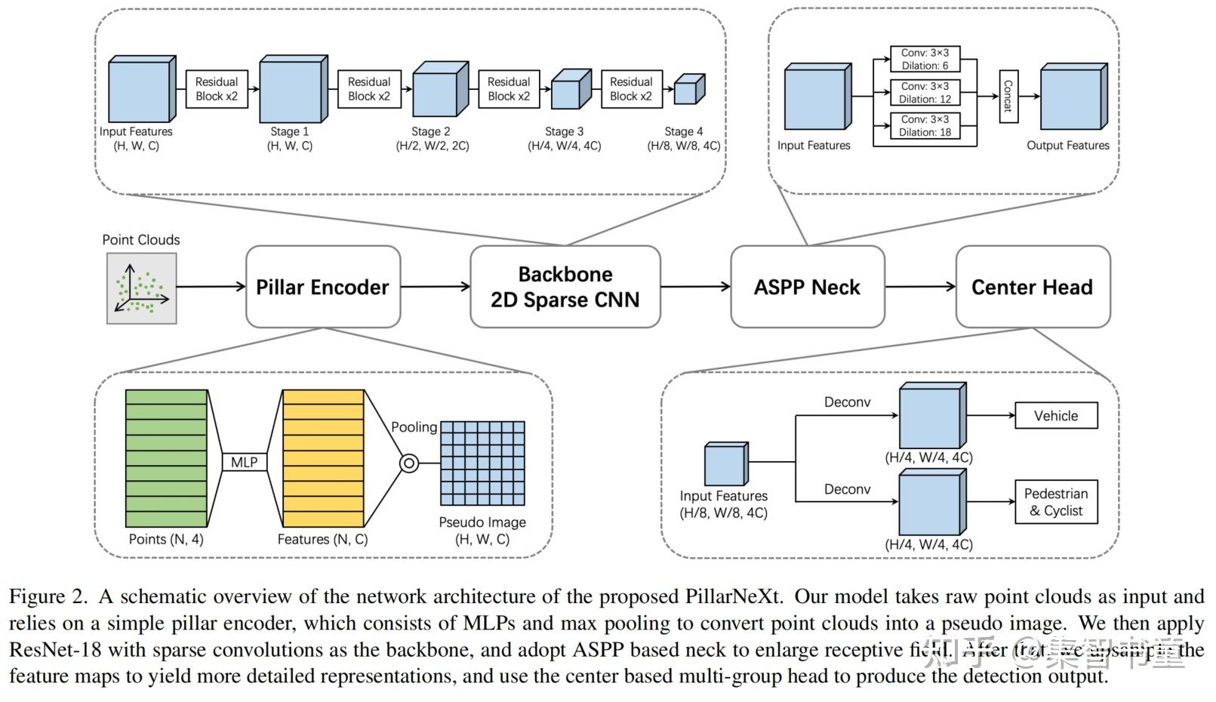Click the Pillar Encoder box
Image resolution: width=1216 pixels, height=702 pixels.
(x=322, y=287)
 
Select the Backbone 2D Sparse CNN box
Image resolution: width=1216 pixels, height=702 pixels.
(x=565, y=287)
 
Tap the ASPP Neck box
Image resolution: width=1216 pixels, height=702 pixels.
(x=807, y=287)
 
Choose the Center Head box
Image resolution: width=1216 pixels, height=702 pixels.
(x=1032, y=287)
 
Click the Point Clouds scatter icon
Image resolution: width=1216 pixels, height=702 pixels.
(x=141, y=288)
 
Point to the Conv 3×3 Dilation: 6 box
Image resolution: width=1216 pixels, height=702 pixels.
(x=925, y=59)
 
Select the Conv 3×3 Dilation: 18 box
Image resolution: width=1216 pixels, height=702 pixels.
(x=925, y=126)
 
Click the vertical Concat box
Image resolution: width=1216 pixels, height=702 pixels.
(x=1008, y=97)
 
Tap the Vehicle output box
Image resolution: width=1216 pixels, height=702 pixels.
(x=1055, y=416)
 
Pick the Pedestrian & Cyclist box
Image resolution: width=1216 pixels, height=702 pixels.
(x=1055, y=502)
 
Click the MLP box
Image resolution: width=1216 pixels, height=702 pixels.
(x=244, y=462)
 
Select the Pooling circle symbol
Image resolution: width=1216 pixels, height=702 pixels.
(x=408, y=463)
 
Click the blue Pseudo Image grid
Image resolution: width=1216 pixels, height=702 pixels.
(x=482, y=463)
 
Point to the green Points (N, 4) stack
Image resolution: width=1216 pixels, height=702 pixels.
(x=166, y=458)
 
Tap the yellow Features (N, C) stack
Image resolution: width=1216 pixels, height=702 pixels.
(x=323, y=458)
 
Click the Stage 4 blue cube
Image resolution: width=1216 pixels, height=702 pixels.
(x=688, y=90)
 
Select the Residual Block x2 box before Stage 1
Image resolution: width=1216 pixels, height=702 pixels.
(x=217, y=89)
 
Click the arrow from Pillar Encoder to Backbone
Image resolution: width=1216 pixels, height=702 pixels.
(x=435, y=287)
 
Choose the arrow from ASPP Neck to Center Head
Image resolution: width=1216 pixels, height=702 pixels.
(x=919, y=287)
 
